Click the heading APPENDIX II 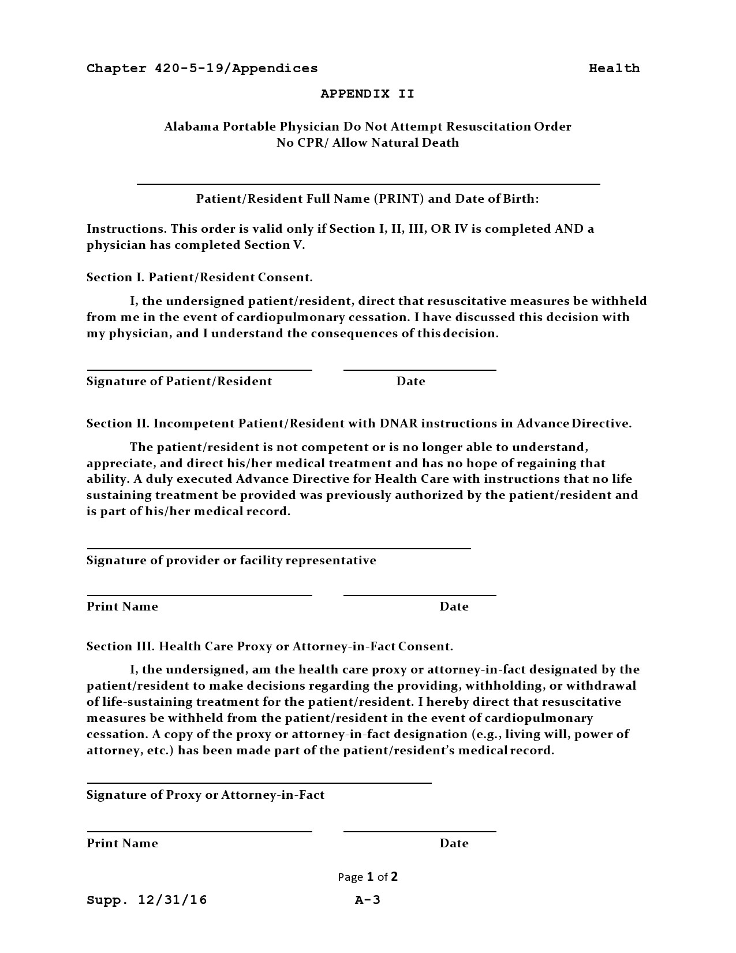(367, 94)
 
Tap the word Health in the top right (614, 68)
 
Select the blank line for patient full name (368, 183)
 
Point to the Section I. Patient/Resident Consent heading (199, 277)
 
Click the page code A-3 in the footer (367, 900)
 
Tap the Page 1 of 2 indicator (368, 877)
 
